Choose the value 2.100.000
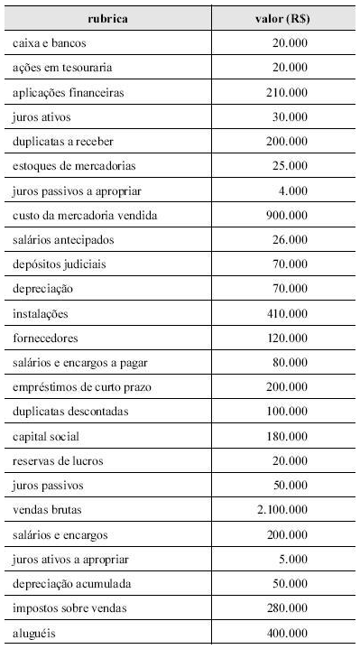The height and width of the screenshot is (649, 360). coord(282,510)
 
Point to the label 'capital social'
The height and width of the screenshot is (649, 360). coord(46,436)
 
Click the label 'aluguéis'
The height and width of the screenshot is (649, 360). coord(34,633)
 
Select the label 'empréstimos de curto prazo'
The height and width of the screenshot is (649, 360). coord(76,387)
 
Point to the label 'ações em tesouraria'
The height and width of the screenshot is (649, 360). coord(57,68)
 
